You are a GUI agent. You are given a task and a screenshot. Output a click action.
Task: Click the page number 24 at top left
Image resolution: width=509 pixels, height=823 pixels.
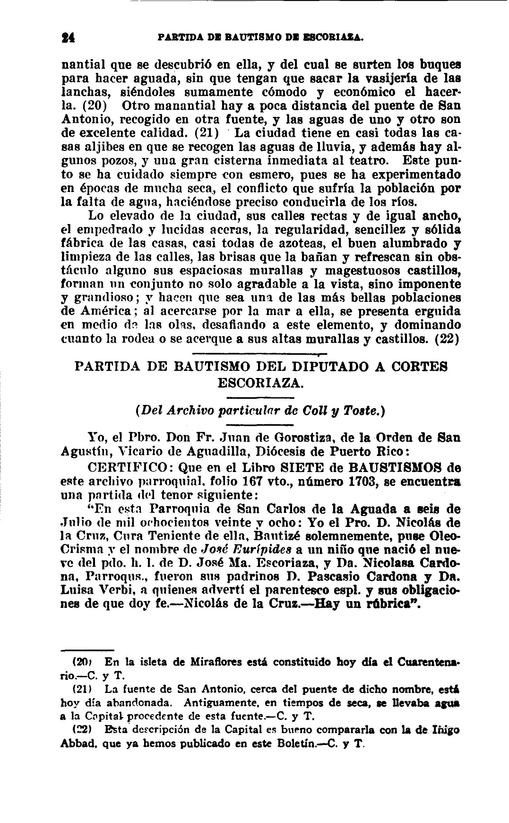point(68,37)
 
